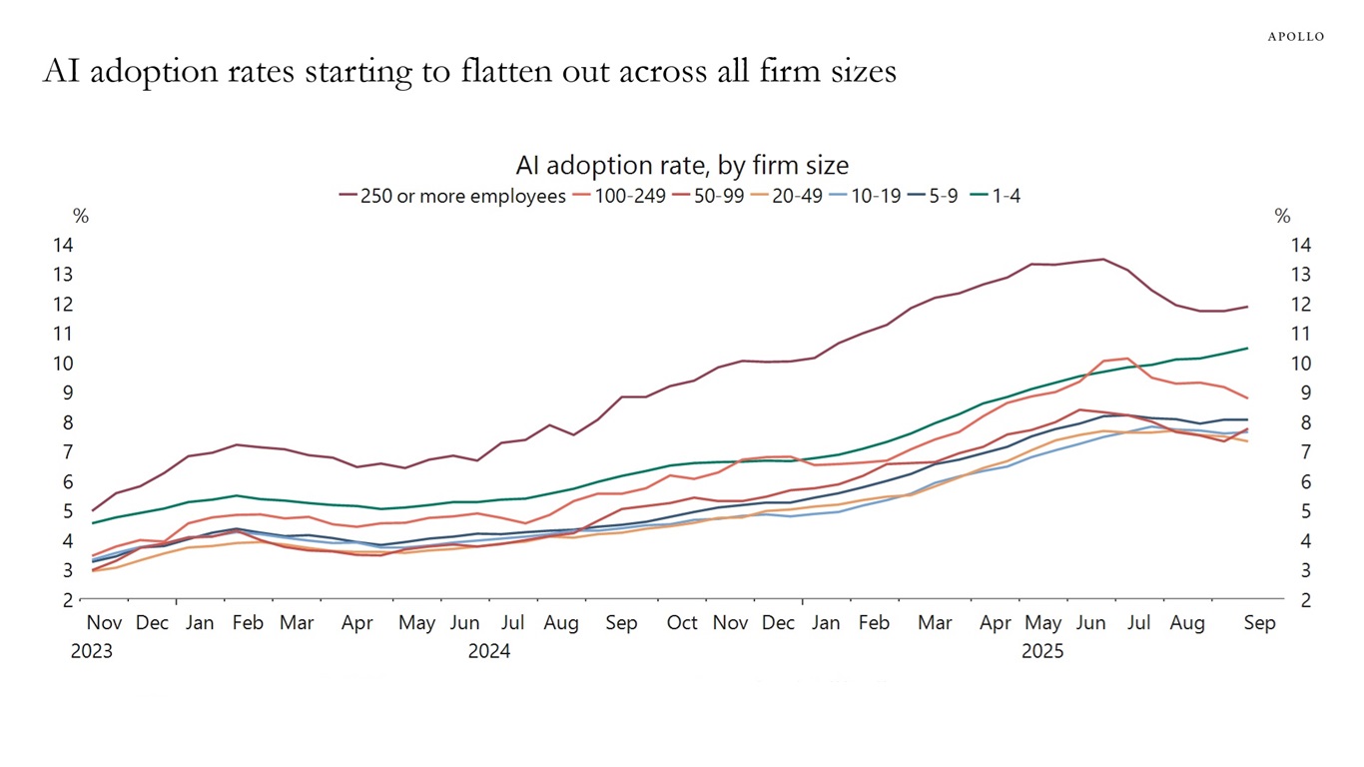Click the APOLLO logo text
[x=1295, y=36]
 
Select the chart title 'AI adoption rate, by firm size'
[x=682, y=165]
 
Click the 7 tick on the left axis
[x=94, y=452]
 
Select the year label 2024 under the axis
[x=488, y=652]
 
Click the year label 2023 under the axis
[x=91, y=652]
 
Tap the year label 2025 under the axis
[x=1042, y=652]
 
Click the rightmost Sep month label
[x=1260, y=623]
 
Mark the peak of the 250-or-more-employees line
[x=1102, y=260]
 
